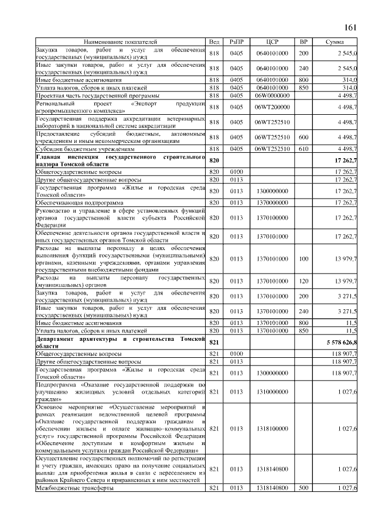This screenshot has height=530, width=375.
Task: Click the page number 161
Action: pyautogui.click(x=350, y=28)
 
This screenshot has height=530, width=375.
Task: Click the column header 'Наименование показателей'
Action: pyautogui.click(x=120, y=43)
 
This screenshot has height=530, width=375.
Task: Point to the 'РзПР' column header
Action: pyautogui.click(x=236, y=43)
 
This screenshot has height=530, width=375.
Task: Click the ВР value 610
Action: pyautogui.click(x=303, y=149)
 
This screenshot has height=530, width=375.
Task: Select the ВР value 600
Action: pyautogui.click(x=303, y=137)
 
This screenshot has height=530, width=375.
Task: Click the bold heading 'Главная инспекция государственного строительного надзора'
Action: pyautogui.click(x=120, y=161)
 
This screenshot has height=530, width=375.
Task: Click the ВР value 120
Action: pyautogui.click(x=303, y=281)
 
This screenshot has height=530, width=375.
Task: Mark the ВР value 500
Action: pyautogui.click(x=303, y=488)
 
